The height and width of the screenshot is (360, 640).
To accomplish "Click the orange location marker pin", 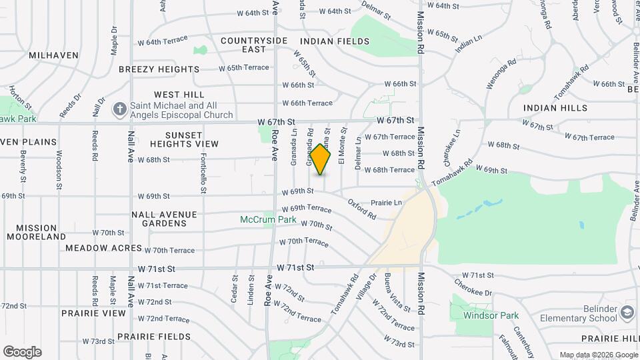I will (321, 159).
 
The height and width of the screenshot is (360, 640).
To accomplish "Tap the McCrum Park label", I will (268, 219).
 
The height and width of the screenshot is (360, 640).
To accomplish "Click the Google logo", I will (22, 352).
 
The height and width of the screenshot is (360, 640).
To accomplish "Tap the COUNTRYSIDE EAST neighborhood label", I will (254, 45).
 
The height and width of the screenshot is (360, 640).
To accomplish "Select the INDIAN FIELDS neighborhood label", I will (335, 41).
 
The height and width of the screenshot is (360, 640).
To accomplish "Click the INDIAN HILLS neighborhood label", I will (555, 108).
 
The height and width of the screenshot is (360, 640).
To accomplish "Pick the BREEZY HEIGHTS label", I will (159, 69).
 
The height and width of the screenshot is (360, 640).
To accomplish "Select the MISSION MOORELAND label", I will (37, 232).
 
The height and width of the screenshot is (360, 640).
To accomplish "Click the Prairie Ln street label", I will (386, 202).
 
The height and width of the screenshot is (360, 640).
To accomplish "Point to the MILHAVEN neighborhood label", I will (53, 55).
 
